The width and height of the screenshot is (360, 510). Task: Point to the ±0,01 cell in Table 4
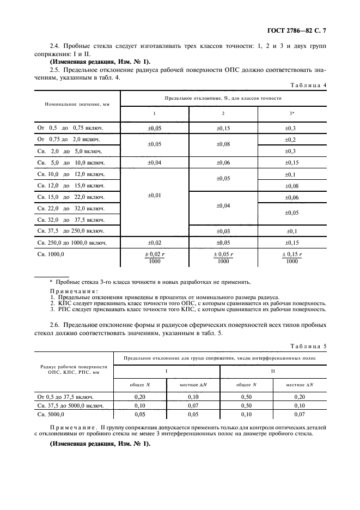click(x=154, y=195)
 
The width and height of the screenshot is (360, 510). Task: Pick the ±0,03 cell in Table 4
click(x=223, y=231)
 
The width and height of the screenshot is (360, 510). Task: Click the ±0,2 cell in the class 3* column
click(x=292, y=139)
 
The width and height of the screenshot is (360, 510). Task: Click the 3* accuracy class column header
click(x=292, y=113)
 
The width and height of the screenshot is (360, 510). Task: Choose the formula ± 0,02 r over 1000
click(x=154, y=257)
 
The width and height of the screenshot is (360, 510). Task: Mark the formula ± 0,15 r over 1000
click(x=292, y=257)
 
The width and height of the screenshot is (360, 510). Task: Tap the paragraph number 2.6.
click(x=55, y=325)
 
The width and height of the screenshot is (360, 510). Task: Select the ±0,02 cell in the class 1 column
click(x=154, y=242)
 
